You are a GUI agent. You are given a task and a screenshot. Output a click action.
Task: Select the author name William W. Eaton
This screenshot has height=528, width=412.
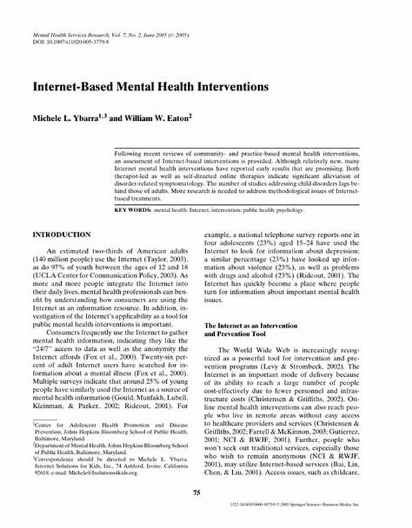(159, 118)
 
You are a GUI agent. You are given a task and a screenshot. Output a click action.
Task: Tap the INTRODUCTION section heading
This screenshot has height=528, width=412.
(62, 235)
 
